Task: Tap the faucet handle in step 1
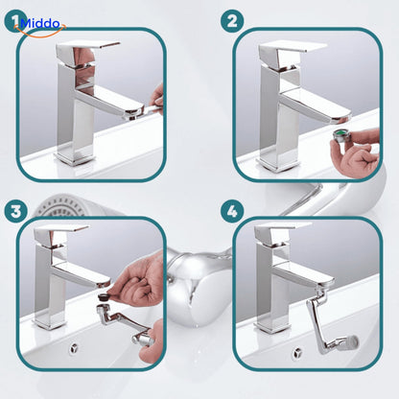point(87,49)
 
